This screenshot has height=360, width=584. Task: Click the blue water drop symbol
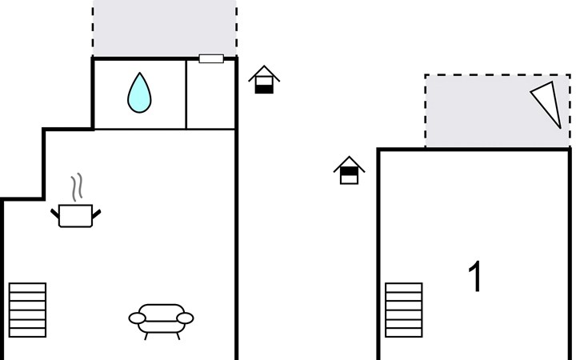[139, 93]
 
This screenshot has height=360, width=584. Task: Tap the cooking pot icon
[77, 215]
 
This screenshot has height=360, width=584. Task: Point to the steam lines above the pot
[77, 188]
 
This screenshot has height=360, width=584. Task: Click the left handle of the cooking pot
[55, 212]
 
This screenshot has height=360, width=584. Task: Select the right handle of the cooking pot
[98, 212]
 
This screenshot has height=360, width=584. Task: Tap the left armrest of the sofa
[137, 318]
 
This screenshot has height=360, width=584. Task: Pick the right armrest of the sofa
[186, 318]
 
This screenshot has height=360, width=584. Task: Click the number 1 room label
[475, 277]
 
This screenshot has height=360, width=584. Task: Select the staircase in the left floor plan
[27, 310]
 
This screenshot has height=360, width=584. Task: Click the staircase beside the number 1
[403, 310]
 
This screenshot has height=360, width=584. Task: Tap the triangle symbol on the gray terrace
[547, 103]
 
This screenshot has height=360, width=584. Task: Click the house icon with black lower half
[264, 80]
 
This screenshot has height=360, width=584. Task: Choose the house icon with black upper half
[349, 170]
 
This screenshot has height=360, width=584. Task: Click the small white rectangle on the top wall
[211, 58]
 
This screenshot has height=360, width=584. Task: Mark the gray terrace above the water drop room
[164, 28]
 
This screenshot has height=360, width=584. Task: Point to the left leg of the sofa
[146, 336]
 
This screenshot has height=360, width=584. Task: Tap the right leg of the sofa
[177, 336]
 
